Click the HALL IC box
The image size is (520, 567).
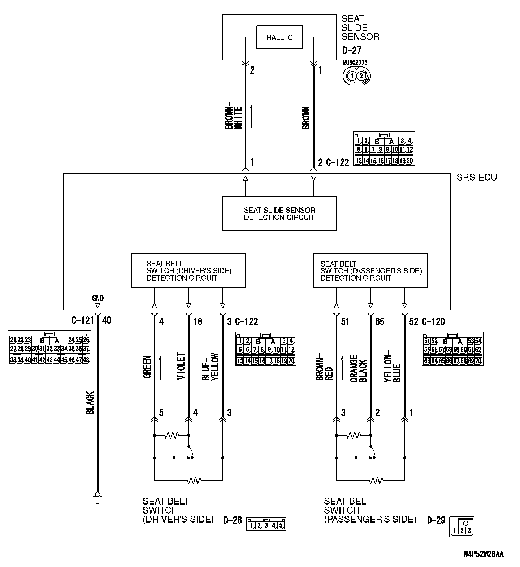[x=279, y=37]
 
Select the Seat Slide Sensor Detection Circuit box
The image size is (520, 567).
[x=279, y=213]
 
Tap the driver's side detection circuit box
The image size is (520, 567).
[x=188, y=270]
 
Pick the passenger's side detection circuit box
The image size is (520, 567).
[x=370, y=270]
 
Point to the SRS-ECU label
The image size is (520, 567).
[x=476, y=177]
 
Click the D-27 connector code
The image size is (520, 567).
[x=351, y=51]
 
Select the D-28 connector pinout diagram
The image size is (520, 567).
[x=266, y=524]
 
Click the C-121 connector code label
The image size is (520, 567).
[x=82, y=320]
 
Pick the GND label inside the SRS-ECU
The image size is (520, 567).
[x=97, y=298]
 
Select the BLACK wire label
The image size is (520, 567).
[x=90, y=403]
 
